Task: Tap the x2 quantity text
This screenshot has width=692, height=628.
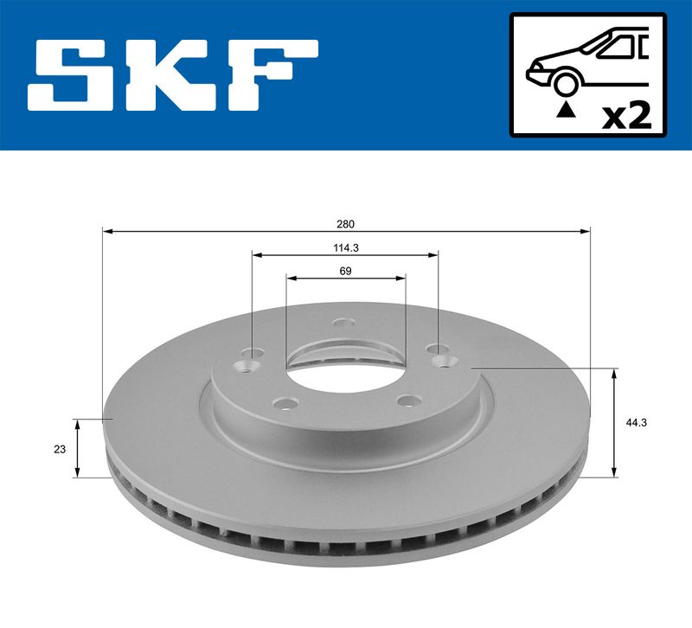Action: [x=626, y=117]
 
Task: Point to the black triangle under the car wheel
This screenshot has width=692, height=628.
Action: [x=567, y=110]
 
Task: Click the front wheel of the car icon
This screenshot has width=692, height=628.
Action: [x=566, y=83]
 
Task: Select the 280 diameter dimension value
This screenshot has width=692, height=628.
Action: [x=345, y=224]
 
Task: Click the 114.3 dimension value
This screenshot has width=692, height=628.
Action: [x=345, y=248]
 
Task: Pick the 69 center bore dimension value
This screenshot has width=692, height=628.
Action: [x=345, y=271]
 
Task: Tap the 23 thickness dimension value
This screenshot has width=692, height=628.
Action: [x=60, y=449]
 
